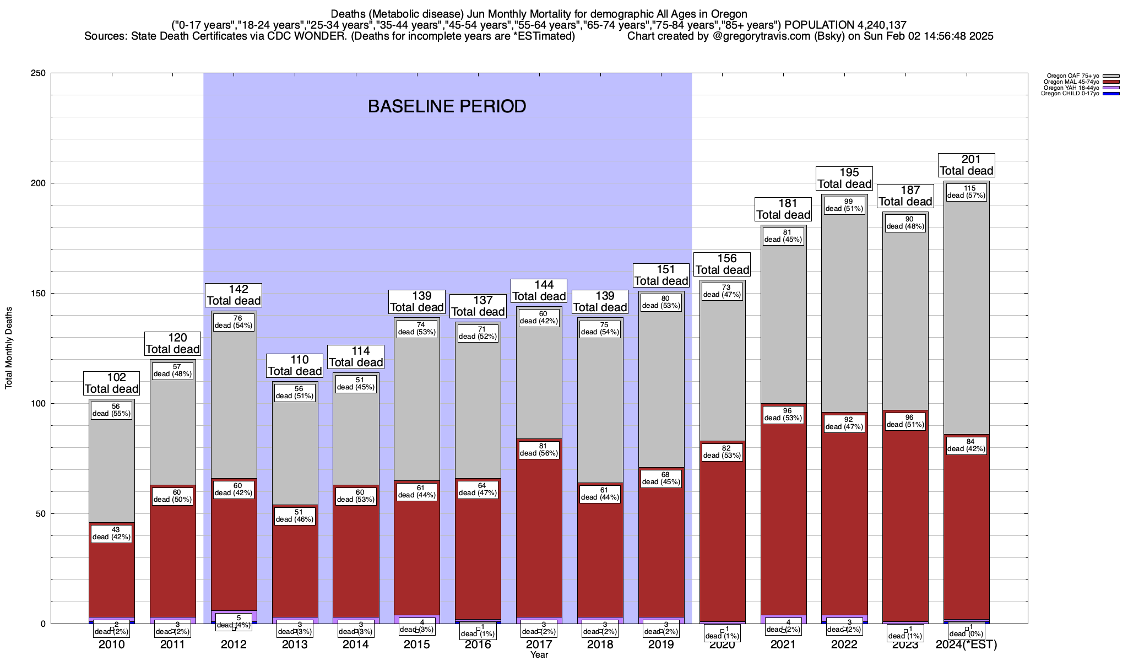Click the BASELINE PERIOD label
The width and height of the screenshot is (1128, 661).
point(447,106)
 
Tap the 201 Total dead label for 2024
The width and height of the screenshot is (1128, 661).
point(967,165)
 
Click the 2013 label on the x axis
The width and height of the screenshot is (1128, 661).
point(295,644)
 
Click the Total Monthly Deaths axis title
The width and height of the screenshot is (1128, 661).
point(9,348)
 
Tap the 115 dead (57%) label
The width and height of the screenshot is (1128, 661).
point(967,192)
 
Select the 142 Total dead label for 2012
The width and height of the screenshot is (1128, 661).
point(234,295)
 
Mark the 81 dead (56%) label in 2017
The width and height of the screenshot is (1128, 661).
point(539,450)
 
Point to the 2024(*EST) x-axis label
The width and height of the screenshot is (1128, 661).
point(967,644)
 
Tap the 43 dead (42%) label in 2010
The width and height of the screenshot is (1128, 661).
point(112,534)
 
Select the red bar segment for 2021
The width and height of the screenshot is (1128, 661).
point(783,518)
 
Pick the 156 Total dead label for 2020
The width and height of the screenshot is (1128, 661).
point(722,264)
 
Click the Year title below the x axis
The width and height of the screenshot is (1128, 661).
point(539,654)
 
